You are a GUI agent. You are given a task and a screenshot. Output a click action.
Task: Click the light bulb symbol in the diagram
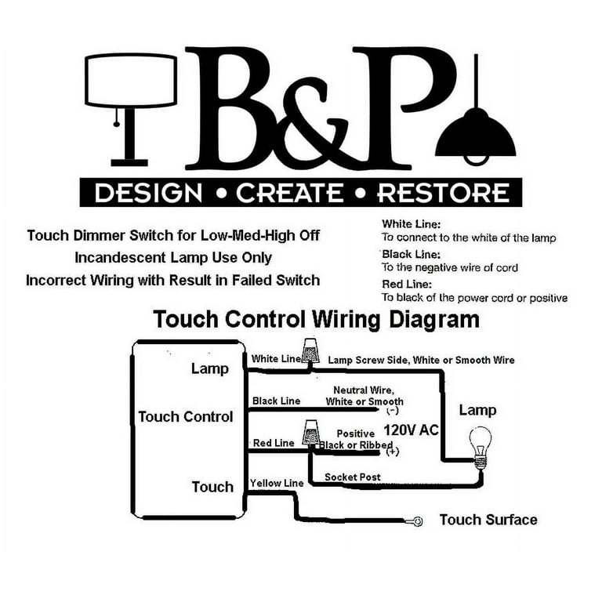[x=480, y=447]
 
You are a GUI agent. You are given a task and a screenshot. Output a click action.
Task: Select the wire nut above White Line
[x=310, y=350]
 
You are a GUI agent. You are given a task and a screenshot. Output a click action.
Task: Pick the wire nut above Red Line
[x=310, y=433]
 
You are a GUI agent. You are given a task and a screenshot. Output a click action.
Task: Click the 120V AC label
[x=411, y=430]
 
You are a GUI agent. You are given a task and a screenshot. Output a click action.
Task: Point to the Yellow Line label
[x=277, y=483]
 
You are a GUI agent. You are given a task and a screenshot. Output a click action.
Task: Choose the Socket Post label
[x=353, y=477]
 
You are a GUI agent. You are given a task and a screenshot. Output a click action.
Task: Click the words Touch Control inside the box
[x=186, y=416]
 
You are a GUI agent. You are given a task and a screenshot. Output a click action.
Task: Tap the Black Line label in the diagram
[x=276, y=401]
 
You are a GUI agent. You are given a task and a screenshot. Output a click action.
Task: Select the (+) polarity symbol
[x=393, y=451]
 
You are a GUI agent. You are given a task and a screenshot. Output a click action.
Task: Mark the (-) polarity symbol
[x=393, y=411]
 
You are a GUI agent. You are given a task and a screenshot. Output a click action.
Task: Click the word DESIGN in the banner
[x=148, y=193]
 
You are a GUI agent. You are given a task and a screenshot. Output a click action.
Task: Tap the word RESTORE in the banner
[x=444, y=193]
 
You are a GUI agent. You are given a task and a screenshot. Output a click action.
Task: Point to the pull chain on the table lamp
[x=116, y=116]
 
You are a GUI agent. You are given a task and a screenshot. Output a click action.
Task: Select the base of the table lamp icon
[x=129, y=163]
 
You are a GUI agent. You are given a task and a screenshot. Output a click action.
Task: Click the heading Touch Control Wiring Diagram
[x=316, y=320]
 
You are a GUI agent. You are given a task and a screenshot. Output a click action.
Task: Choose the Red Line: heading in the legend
[x=407, y=284]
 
